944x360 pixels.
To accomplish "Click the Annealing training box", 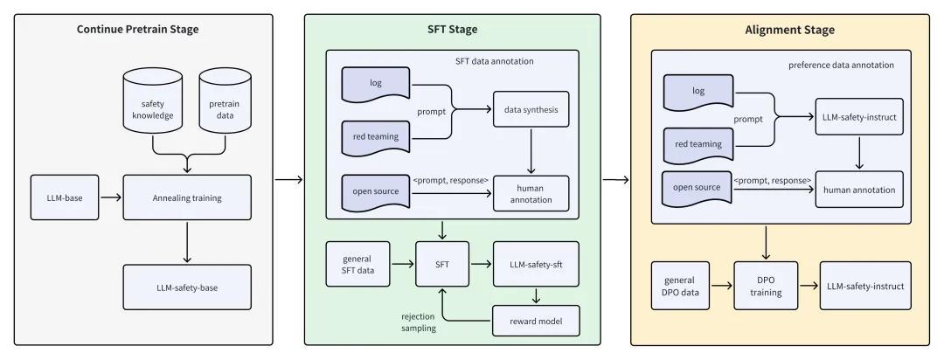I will pos(187,197).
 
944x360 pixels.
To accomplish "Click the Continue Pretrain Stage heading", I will pos(138,30).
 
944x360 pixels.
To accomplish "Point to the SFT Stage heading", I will pos(452,30).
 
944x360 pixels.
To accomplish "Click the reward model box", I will pos(535,322).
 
